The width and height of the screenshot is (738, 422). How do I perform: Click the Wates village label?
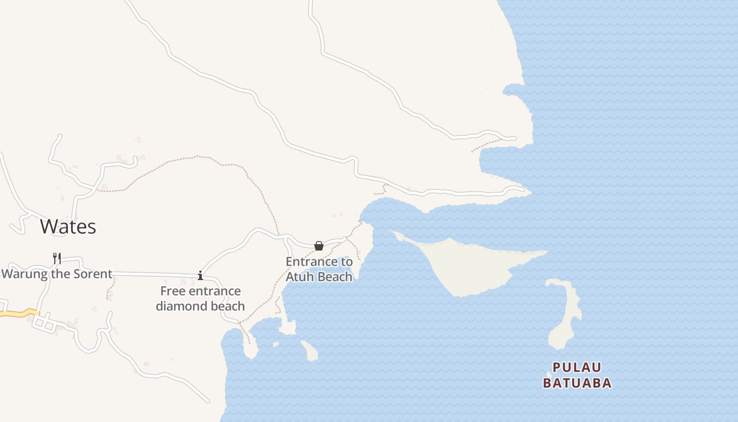point(68,226)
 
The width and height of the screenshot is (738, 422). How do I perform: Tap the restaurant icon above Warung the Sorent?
point(57,258)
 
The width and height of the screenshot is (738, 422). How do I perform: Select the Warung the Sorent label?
point(57,274)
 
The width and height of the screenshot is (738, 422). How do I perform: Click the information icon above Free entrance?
point(200,275)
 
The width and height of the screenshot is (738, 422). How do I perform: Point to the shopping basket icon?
point(319,246)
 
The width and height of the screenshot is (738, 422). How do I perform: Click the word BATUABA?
point(577,383)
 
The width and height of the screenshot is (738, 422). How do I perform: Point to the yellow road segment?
point(18,313)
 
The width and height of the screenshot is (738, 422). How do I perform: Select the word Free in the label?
point(172,291)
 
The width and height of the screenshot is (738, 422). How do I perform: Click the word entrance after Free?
point(213,291)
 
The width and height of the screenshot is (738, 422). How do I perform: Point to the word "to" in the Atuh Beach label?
point(347,262)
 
